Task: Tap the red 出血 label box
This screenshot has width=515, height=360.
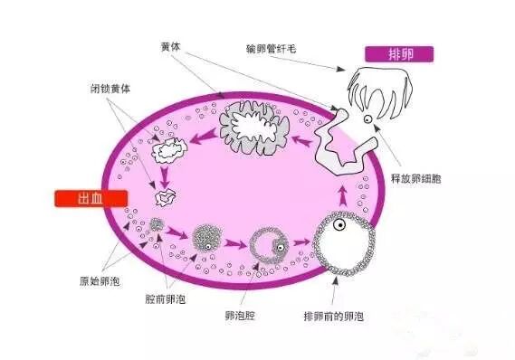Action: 87,200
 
